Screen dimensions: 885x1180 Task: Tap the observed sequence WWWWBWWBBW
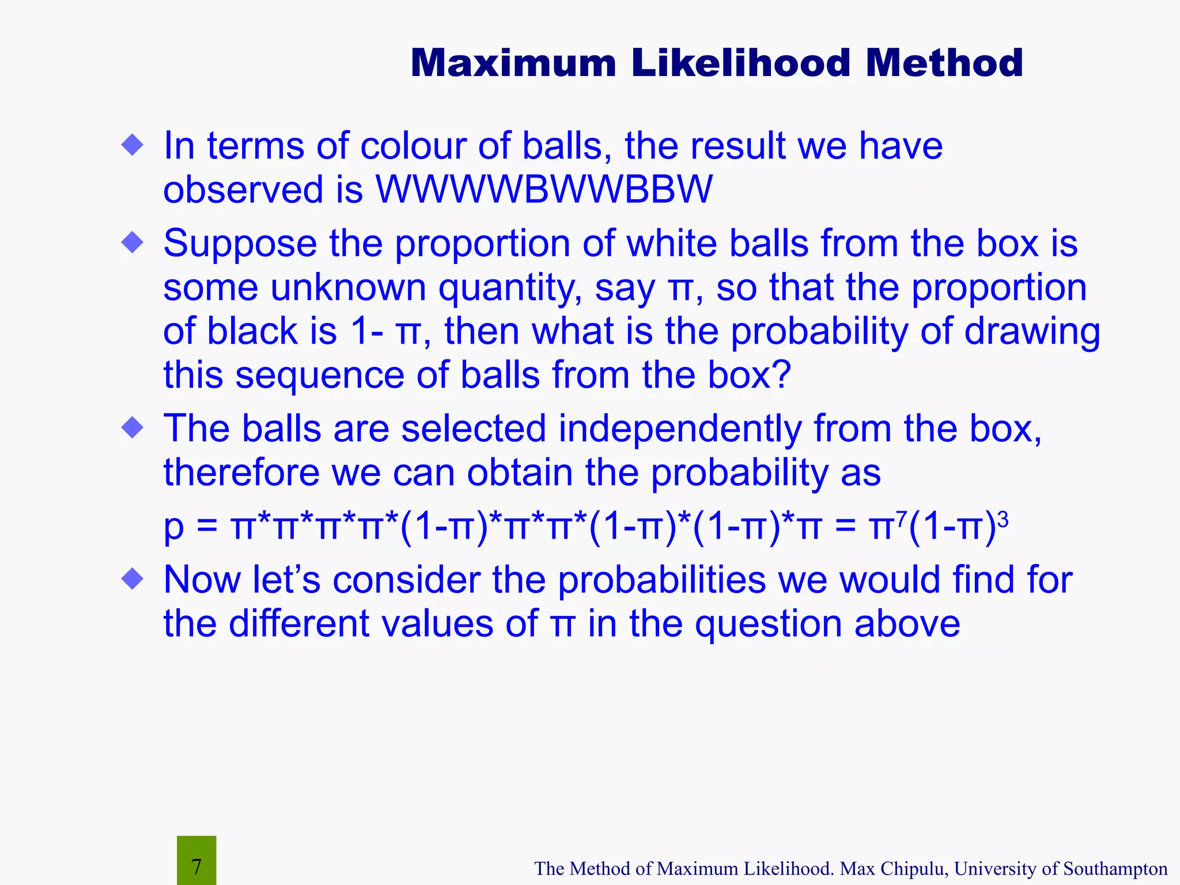pyautogui.click(x=544, y=190)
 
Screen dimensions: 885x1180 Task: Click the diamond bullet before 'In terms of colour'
pyautogui.click(x=133, y=145)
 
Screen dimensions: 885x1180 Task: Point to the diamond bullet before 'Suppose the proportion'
pyautogui.click(x=133, y=242)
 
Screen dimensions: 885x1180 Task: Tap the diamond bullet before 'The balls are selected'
pyautogui.click(x=133, y=428)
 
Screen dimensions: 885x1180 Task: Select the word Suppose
pyautogui.click(x=240, y=244)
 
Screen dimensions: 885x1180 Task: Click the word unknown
pyautogui.click(x=348, y=288)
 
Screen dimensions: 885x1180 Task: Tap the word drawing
pyautogui.click(x=1032, y=332)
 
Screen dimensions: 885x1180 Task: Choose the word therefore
pyautogui.click(x=241, y=473)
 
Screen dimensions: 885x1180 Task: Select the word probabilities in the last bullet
pyautogui.click(x=661, y=581)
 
